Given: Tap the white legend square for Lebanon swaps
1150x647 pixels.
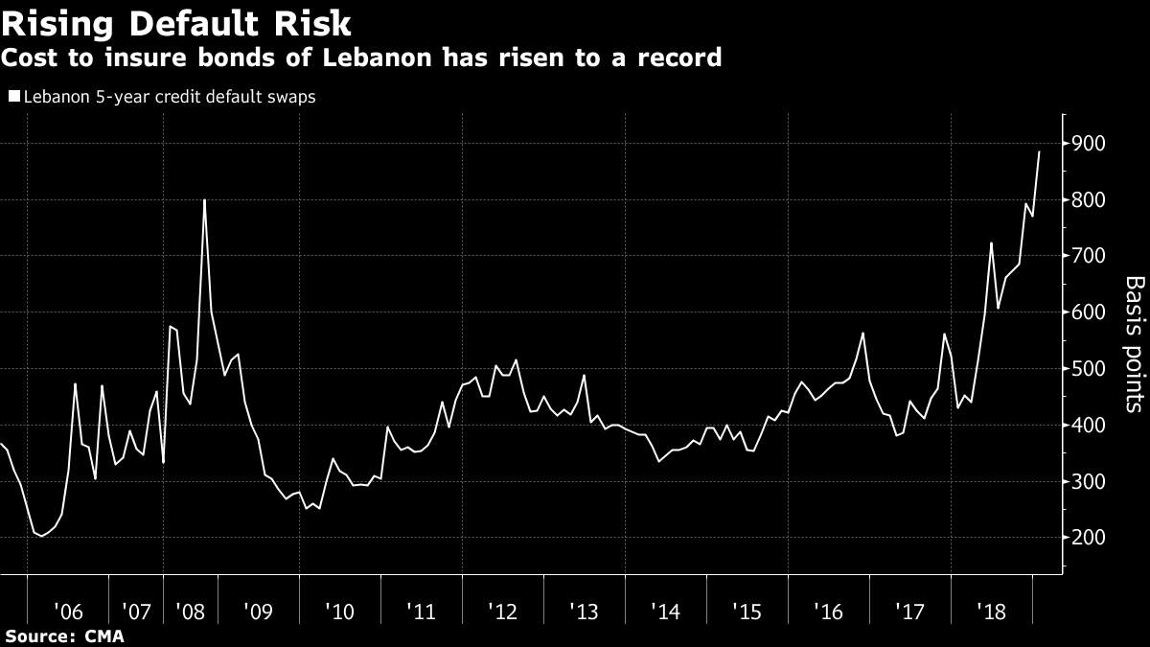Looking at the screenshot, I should point(12,97).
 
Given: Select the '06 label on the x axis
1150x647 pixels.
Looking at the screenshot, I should point(68,611).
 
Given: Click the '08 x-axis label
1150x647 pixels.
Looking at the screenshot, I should point(190,611).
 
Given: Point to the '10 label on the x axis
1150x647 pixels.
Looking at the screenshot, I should point(340,611).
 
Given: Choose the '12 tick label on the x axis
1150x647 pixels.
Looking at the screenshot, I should point(503,611).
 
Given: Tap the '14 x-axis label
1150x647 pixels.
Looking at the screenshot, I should point(666,611).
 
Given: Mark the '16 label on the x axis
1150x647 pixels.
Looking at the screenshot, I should point(829,611).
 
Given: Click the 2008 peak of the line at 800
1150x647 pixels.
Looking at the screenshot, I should point(204,200).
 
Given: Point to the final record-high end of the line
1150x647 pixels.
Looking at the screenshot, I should point(1039,152).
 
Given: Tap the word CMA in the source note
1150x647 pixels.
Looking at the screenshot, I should point(105,635).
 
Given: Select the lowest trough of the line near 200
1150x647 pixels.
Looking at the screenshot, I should point(41,536).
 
